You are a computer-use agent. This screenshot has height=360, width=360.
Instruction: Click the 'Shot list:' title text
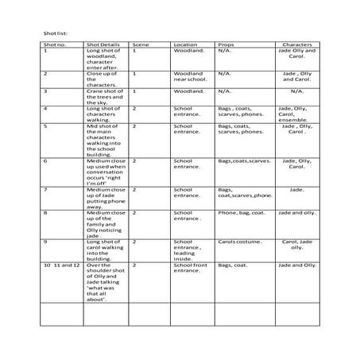coord(55,33)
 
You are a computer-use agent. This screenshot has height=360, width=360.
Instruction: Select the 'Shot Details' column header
coord(104,45)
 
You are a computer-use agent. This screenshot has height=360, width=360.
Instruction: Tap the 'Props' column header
coord(225,45)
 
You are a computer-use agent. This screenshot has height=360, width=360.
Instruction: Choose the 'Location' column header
coord(185,45)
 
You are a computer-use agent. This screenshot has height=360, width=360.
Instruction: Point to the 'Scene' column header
coord(140,45)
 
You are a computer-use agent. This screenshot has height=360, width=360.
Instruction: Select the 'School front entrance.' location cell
coord(189,268)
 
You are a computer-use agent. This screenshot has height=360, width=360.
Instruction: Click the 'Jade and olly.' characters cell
coord(298,213)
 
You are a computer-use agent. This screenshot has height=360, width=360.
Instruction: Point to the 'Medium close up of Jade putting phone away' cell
coord(104,198)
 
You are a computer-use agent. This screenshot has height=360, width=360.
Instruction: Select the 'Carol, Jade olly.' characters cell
coord(298,244)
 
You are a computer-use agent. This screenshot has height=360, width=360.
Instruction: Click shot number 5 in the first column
coord(46,126)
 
